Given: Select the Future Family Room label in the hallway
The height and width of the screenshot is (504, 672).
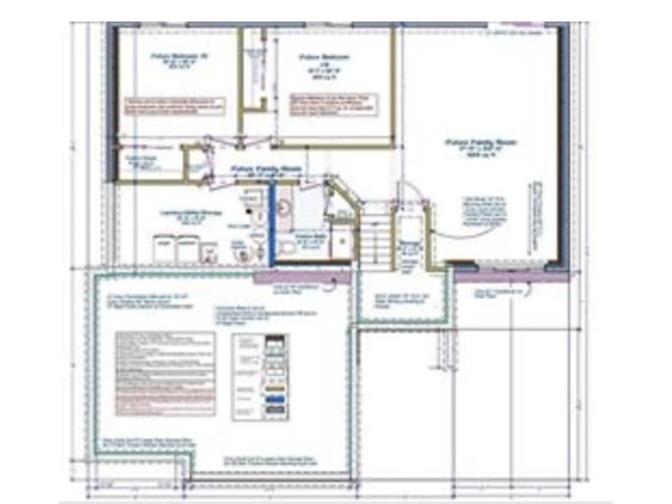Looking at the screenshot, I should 266,169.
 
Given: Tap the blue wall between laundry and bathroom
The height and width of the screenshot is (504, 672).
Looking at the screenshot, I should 270,223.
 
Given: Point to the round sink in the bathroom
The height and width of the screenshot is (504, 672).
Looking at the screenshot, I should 284,208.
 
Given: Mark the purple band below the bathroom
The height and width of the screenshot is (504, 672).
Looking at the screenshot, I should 302,277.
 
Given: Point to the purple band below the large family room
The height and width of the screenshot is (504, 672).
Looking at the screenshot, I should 511,276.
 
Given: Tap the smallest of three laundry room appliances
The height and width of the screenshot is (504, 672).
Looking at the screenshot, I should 209,252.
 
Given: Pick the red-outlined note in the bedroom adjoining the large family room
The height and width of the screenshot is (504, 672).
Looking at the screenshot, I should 334,105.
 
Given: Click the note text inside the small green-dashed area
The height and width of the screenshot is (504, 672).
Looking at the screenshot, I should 402,299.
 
